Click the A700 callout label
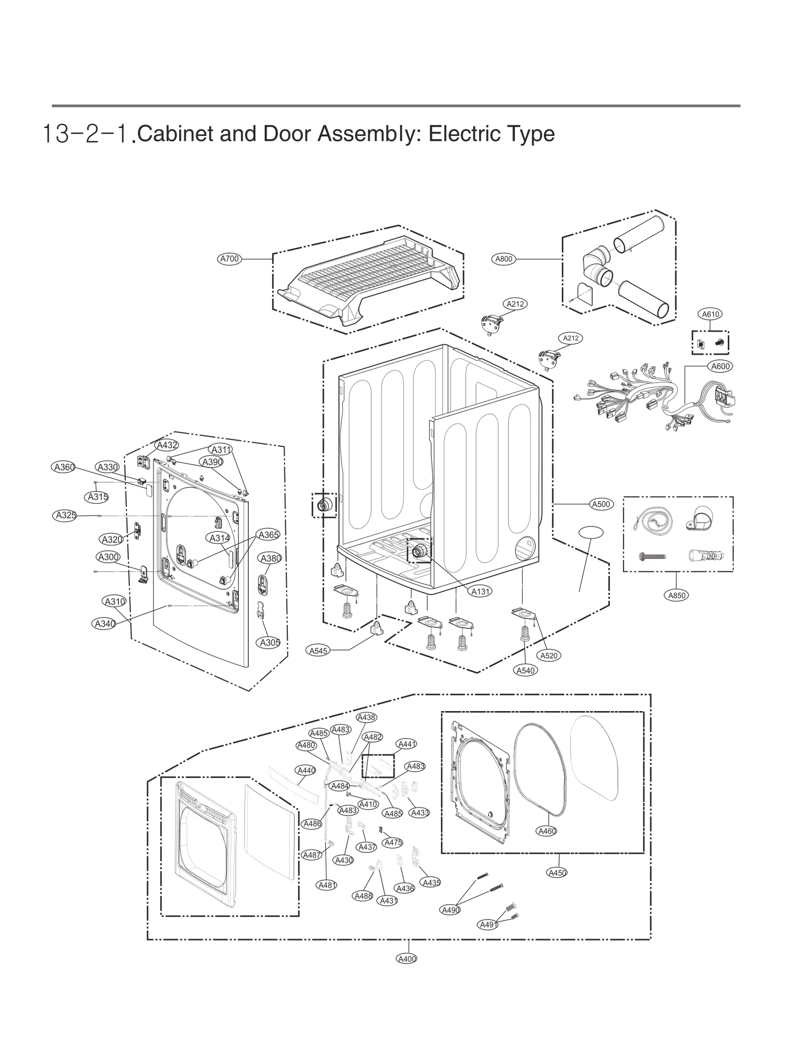230,259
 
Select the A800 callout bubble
503,259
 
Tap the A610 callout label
710,314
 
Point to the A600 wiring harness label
720,366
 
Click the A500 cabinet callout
601,504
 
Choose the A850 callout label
677,595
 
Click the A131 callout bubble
481,591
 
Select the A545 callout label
318,650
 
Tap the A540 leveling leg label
525,670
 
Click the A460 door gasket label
547,831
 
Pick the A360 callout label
64,467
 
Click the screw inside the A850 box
652,556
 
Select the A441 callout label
406,744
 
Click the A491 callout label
488,925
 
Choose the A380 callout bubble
271,558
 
